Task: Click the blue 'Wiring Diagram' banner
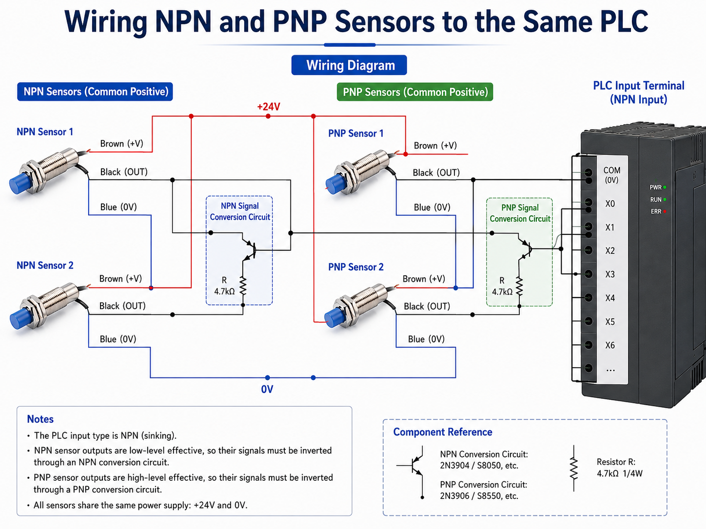coord(349,65)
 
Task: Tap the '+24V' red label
coord(269,107)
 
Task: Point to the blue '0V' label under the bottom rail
coord(267,389)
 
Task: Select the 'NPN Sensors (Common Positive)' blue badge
coord(95,92)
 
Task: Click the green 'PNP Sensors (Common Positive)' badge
coord(415,92)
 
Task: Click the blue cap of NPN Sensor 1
coord(20,184)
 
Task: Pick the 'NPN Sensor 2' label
coord(45,265)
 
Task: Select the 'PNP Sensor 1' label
coord(356,133)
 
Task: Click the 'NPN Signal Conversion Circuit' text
coord(239,211)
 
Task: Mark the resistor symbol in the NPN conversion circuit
coord(243,286)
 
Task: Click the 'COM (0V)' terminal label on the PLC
coord(611,175)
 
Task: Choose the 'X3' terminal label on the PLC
coord(610,274)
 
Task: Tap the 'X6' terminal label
coord(610,345)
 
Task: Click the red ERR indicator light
coord(665,211)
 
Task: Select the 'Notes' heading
coord(40,419)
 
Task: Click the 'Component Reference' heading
coord(443,432)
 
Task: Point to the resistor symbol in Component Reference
coord(573,468)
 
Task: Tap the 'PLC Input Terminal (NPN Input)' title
coord(638,93)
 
